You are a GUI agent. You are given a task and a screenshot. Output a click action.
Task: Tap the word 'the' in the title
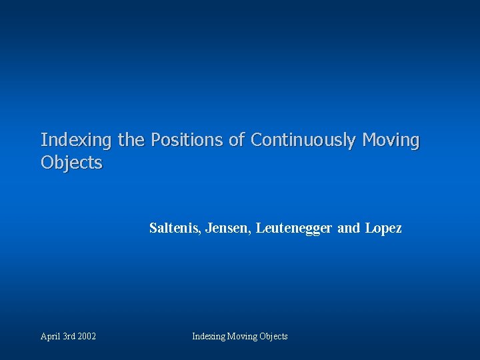(x=131, y=141)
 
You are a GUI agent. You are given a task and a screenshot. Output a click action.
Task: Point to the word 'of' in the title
(x=237, y=141)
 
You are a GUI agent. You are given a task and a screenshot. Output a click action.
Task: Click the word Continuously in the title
(x=303, y=141)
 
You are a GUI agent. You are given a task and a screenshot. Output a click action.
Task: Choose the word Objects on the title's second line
(x=71, y=163)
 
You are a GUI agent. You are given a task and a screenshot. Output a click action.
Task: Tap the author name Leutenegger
(x=293, y=229)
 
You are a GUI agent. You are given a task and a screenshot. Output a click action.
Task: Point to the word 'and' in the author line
(x=348, y=229)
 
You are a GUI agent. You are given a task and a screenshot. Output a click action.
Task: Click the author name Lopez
(x=383, y=229)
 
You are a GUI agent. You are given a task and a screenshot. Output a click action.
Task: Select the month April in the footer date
(x=50, y=337)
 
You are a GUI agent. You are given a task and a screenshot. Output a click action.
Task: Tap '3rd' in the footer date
(x=69, y=337)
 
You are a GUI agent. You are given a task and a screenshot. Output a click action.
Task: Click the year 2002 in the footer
(x=87, y=337)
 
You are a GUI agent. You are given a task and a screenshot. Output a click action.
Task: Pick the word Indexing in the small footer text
(x=209, y=337)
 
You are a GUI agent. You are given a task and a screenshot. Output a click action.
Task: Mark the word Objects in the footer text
(x=273, y=337)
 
